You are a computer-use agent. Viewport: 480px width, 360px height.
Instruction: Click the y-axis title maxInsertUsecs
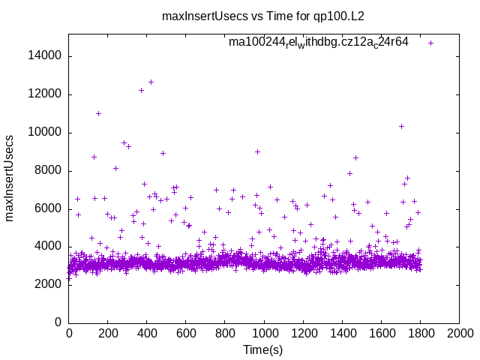pos(10,178)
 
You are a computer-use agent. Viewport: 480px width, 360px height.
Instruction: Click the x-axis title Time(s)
pos(263,350)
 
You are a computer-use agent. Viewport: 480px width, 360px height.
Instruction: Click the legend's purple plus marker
pos(430,43)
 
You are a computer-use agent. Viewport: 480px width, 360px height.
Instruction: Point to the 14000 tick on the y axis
pos(46,56)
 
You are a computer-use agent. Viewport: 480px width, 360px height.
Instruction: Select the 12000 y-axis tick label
pos(46,94)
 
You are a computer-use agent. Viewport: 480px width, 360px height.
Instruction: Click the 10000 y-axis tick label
pos(46,133)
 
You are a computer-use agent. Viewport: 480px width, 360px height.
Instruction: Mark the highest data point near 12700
pos(151,82)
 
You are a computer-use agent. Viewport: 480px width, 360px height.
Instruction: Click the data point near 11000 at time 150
pos(98,113)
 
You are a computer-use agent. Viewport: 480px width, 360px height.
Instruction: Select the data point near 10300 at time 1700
pos(401,126)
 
